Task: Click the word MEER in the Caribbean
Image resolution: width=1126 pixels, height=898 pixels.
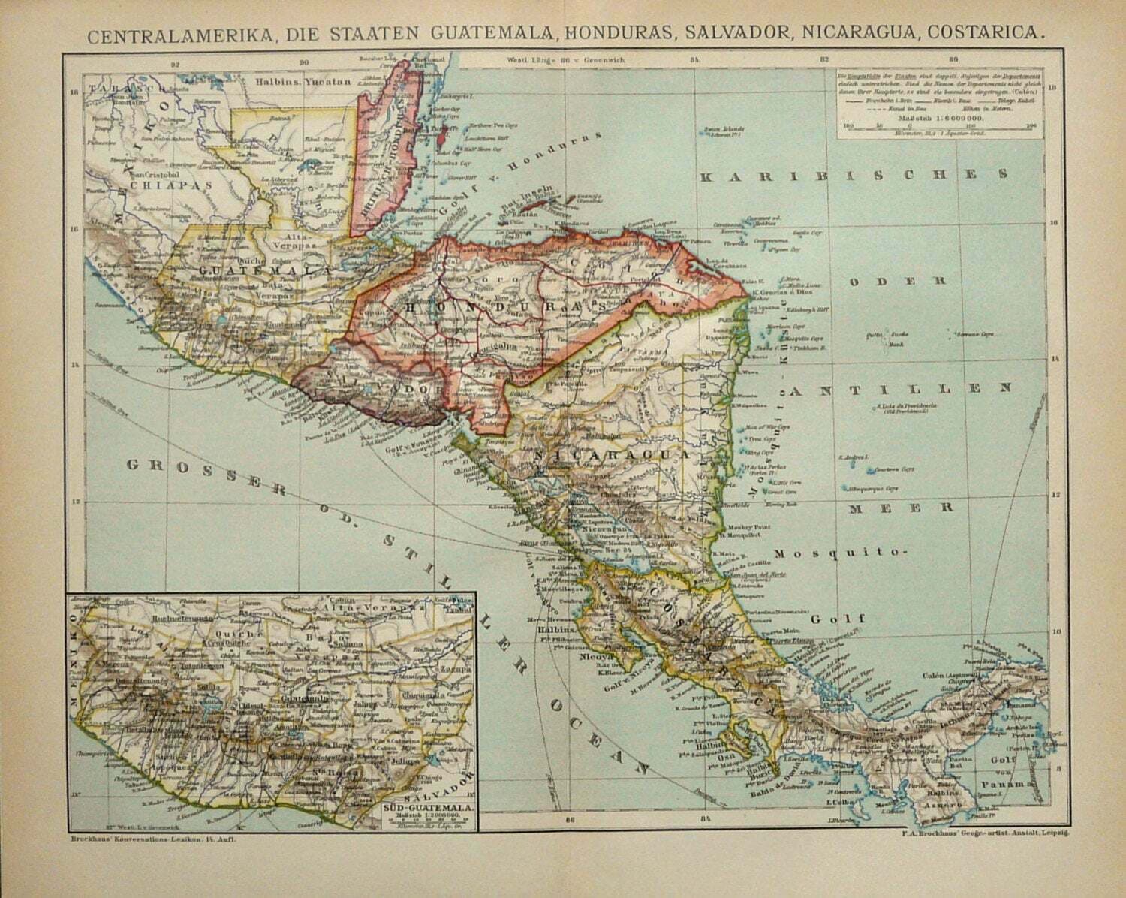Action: point(902,508)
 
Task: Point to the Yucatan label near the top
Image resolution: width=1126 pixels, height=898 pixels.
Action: point(328,83)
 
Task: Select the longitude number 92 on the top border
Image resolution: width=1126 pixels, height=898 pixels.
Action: point(176,64)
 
